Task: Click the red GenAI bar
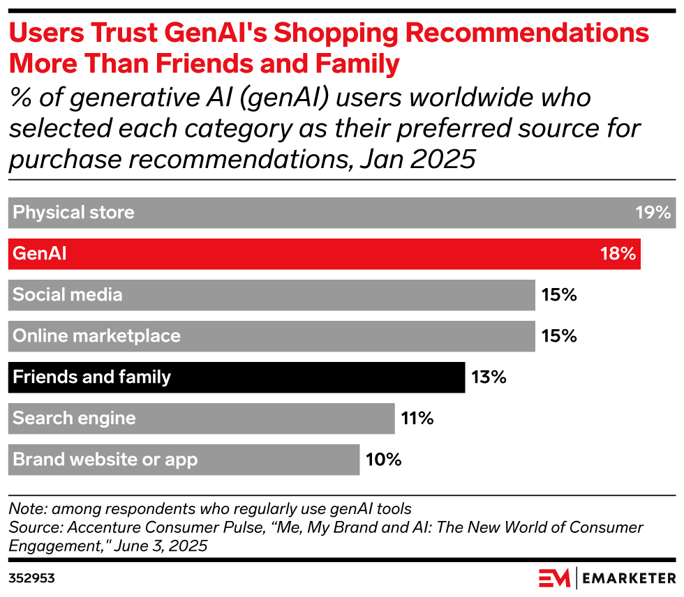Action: tap(325, 254)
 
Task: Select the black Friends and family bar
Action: tap(237, 377)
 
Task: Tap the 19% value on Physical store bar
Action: tap(653, 213)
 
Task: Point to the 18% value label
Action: tap(618, 254)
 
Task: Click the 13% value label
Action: tap(488, 377)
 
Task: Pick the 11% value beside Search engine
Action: tap(417, 418)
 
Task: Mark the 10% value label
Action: tap(383, 460)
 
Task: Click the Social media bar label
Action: tap(68, 295)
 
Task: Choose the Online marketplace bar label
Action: tap(96, 336)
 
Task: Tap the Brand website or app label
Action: tap(105, 460)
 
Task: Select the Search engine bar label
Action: tap(74, 418)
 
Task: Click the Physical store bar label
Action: tap(73, 213)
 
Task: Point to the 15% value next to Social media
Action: tap(558, 295)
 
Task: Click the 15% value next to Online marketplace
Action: tap(558, 336)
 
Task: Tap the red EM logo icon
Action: tap(554, 578)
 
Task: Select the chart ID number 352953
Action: tap(31, 578)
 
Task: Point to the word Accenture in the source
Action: tap(94, 527)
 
